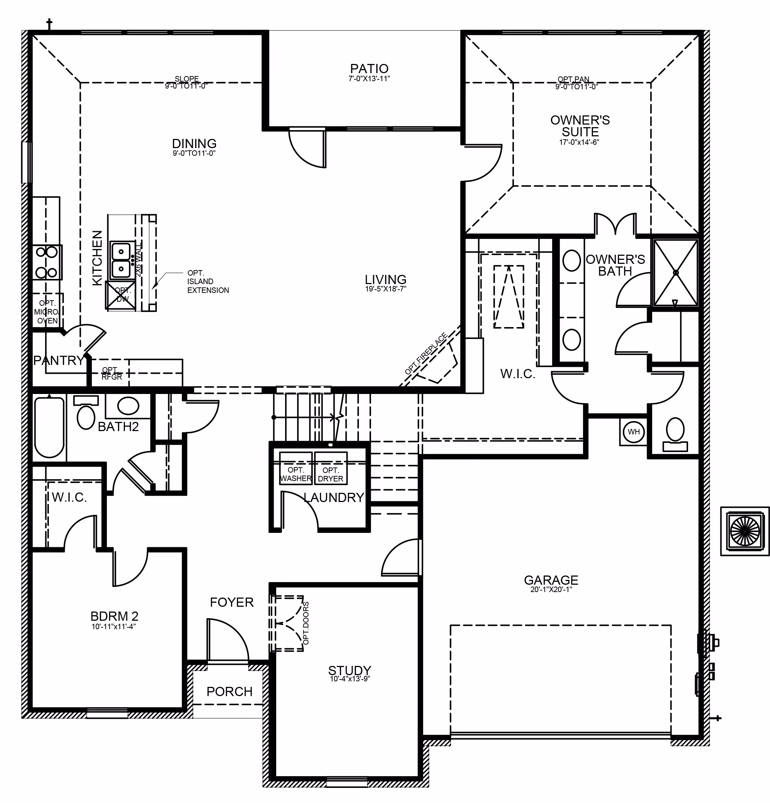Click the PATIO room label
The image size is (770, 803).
pos(369,68)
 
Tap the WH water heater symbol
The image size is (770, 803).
pos(633,431)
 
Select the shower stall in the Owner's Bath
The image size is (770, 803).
pos(675,272)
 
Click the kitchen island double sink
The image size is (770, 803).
pos(122,259)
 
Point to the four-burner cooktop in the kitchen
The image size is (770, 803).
pos(47,262)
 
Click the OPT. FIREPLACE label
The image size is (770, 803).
pos(425,354)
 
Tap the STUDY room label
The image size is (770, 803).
pos(349,670)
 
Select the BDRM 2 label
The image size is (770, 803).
pos(114,616)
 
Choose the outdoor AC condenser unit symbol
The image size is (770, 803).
pos(744,531)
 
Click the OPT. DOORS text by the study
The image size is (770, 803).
pos(306,623)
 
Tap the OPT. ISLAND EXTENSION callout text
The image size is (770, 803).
pos(208,282)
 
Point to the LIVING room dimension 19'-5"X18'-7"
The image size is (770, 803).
pos(385,289)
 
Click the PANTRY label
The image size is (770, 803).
pos(58,361)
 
